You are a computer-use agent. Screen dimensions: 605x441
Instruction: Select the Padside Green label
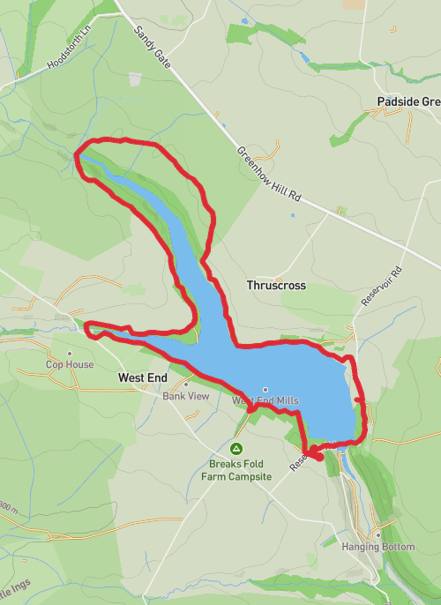[x=407, y=101]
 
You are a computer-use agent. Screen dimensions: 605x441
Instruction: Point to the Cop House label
[x=70, y=364]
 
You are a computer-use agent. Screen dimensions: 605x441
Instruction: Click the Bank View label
[x=185, y=396]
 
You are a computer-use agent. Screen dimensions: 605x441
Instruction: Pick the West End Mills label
[x=265, y=400]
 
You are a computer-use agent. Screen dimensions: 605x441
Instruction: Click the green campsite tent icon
[x=235, y=449]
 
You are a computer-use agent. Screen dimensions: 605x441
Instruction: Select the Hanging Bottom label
[x=377, y=547]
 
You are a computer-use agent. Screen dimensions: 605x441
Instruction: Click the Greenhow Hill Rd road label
[x=269, y=175]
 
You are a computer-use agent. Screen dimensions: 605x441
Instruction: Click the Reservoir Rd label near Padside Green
[x=381, y=286]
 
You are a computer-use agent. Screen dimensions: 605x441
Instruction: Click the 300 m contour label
[x=9, y=510]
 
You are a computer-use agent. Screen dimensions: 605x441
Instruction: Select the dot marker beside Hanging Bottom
[x=377, y=534]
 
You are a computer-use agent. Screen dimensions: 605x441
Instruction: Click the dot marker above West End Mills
[x=265, y=389]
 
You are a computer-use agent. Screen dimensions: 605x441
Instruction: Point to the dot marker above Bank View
[x=186, y=385]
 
